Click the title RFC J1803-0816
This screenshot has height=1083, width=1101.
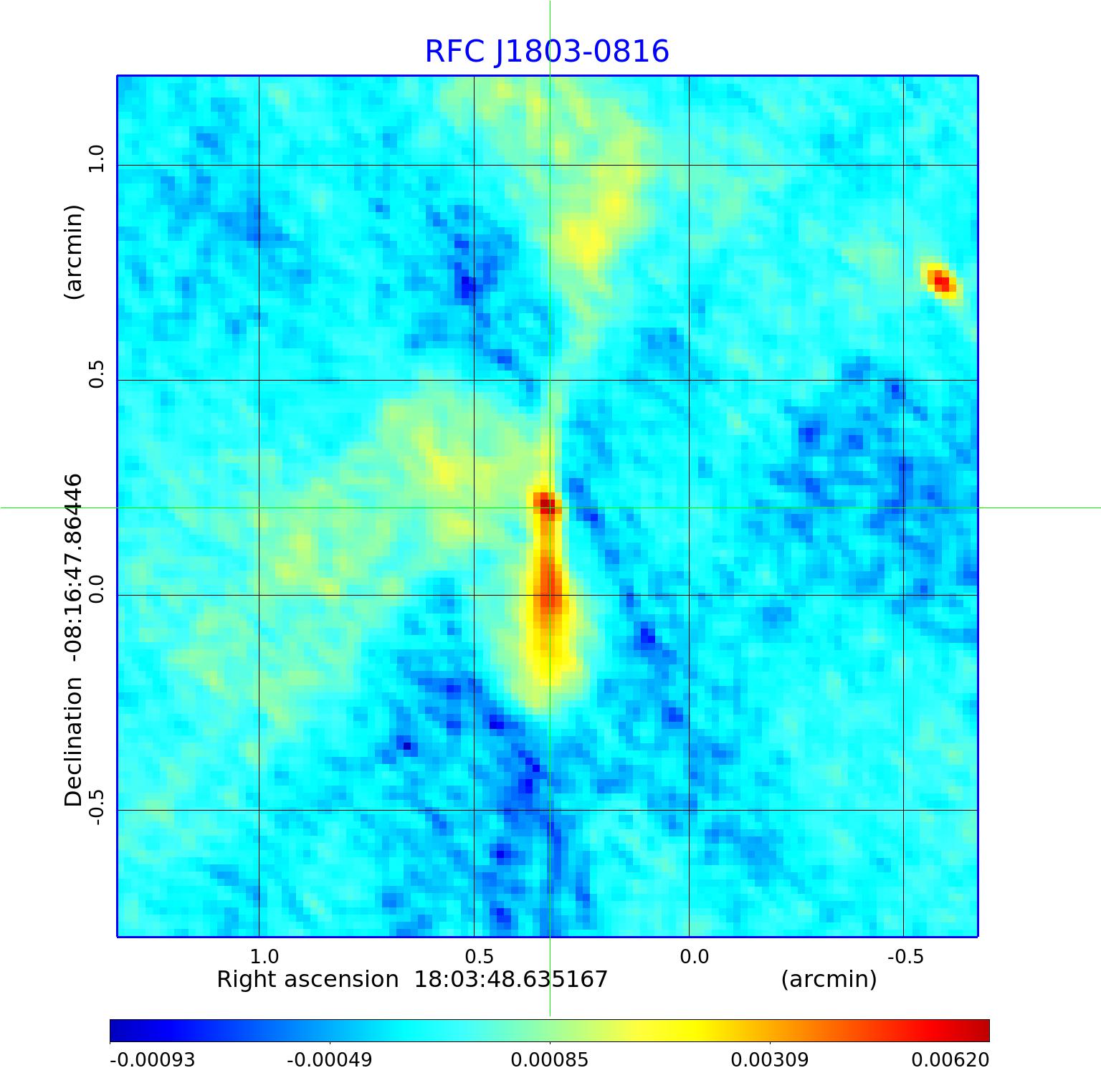point(547,52)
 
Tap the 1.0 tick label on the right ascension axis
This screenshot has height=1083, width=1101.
point(264,957)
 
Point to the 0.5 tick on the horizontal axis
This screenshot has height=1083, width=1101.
point(480,957)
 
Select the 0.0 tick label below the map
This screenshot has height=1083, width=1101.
point(694,957)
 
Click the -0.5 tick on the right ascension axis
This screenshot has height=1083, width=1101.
point(905,957)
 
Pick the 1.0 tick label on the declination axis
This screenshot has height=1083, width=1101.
point(96,158)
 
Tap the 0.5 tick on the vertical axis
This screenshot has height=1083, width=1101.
point(96,373)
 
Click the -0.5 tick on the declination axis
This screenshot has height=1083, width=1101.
point(96,808)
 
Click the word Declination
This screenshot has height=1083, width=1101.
point(73,743)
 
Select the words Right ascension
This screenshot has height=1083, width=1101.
point(308,980)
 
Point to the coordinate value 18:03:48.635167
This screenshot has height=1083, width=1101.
point(511,980)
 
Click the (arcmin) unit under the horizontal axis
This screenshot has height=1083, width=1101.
point(829,980)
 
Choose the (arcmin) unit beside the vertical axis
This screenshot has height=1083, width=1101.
point(73,252)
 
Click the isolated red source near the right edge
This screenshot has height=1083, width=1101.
point(941,280)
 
